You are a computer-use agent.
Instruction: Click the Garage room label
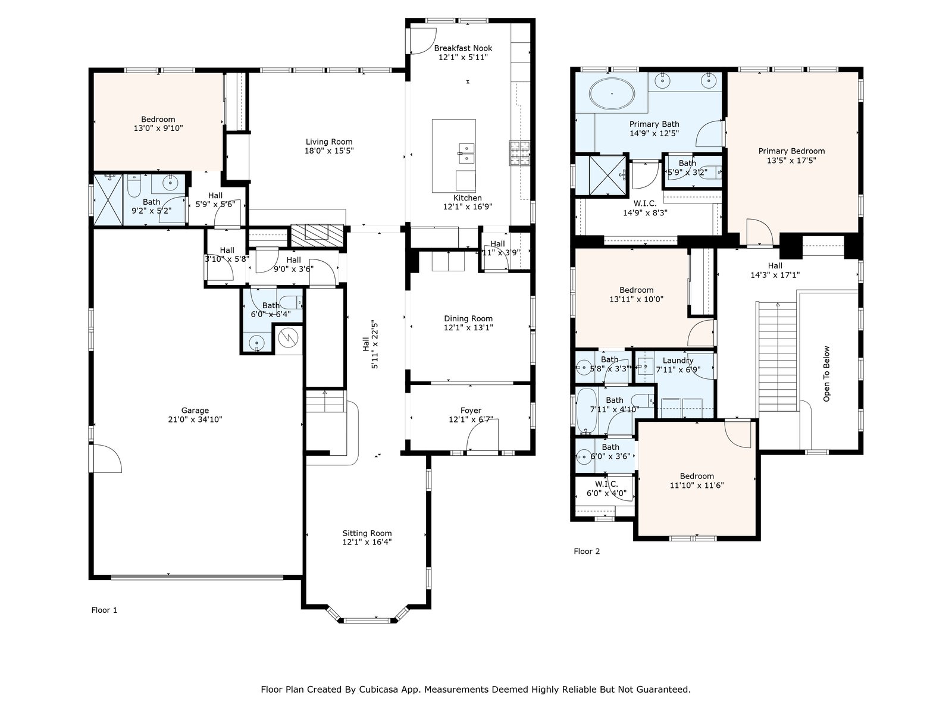point(195,410)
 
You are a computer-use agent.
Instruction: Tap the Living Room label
point(329,142)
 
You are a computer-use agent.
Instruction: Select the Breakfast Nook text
point(463,48)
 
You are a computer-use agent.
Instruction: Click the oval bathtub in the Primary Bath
point(612,93)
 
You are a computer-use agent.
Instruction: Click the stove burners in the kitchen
point(519,154)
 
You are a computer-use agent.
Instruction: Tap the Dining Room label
point(468,319)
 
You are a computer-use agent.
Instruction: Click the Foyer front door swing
point(482,435)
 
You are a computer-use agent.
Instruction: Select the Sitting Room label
point(367,533)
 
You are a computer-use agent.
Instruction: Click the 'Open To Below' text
point(826,374)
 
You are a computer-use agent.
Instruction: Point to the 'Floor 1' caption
point(104,610)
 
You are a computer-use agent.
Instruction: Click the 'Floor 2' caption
point(587,552)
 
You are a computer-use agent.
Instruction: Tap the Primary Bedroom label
point(791,151)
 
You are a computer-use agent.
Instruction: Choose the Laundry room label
point(678,360)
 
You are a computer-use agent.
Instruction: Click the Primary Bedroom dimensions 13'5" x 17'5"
point(791,161)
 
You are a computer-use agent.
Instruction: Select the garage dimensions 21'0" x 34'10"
point(195,419)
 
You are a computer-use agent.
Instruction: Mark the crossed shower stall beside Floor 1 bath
point(108,199)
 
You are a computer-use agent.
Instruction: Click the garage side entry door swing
point(107,458)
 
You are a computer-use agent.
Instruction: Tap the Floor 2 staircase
point(778,357)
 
